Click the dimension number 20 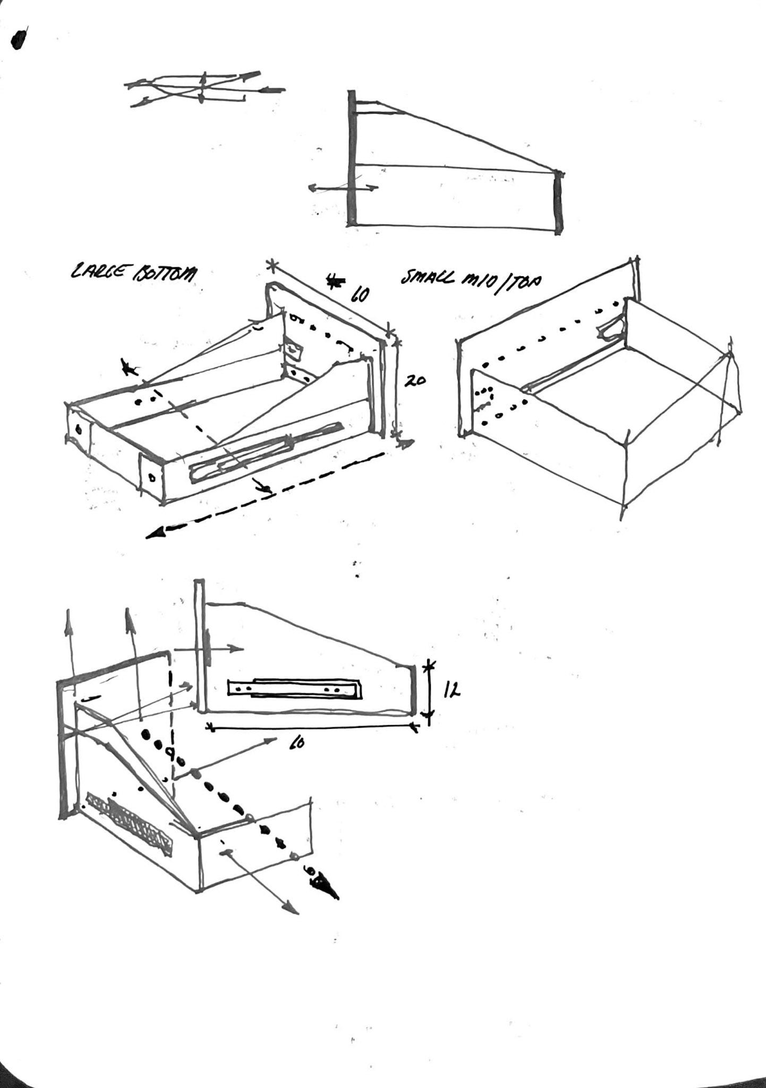pyautogui.click(x=415, y=381)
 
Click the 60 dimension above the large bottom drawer pyautogui.click(x=359, y=294)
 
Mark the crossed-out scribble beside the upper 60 pyautogui.click(x=335, y=282)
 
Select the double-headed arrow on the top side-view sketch pyautogui.click(x=343, y=188)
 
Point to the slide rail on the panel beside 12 pyautogui.click(x=294, y=687)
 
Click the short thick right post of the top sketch pyautogui.click(x=557, y=202)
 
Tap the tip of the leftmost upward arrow pyautogui.click(x=70, y=614)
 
